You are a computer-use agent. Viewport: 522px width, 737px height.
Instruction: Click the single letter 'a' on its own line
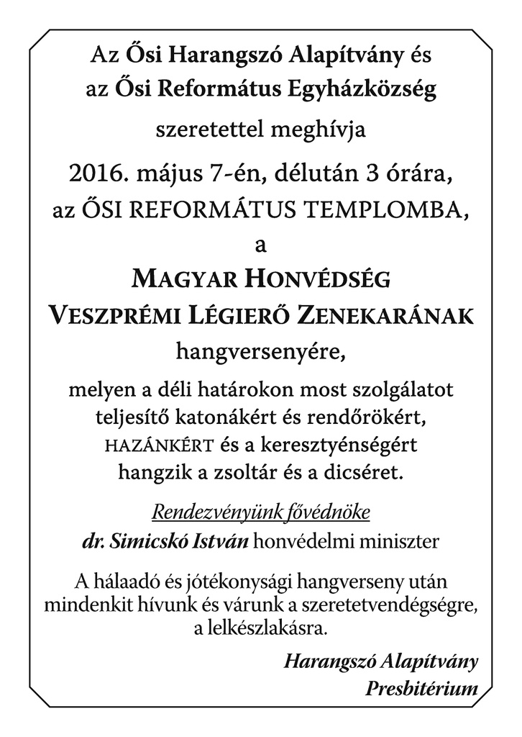[x=260, y=245]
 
